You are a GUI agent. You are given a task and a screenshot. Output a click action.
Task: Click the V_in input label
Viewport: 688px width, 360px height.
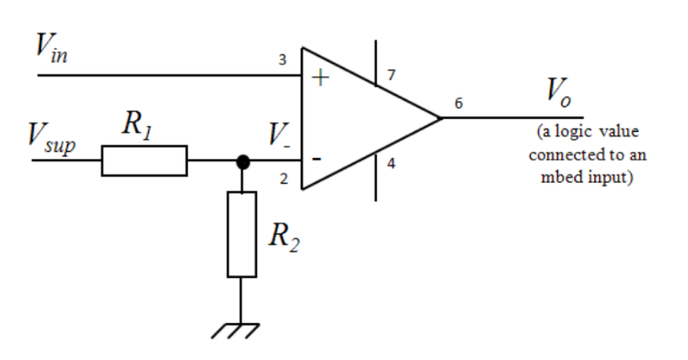(x=51, y=51)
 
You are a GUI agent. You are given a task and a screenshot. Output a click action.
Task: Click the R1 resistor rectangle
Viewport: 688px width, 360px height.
(x=144, y=161)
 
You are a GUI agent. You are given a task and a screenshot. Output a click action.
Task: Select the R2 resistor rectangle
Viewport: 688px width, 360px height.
(x=242, y=234)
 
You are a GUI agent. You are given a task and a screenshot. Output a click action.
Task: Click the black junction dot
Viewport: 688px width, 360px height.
(x=242, y=162)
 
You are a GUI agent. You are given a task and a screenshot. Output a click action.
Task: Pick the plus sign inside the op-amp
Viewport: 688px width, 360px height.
(x=319, y=77)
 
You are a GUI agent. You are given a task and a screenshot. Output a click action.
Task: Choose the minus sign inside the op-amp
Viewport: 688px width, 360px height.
(x=316, y=158)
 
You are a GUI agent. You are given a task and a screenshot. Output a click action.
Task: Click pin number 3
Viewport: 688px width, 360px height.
(x=282, y=61)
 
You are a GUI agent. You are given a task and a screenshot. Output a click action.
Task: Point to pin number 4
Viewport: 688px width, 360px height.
(x=390, y=164)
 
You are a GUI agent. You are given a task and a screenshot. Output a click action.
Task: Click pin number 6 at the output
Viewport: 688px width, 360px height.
(x=458, y=104)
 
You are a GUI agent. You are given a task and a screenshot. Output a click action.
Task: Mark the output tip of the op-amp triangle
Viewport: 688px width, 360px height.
(x=441, y=117)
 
